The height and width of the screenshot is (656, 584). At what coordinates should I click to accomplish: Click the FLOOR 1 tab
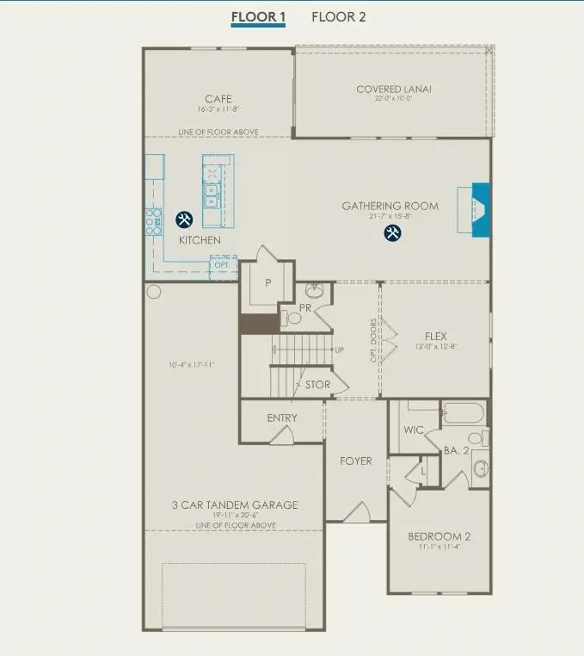(258, 16)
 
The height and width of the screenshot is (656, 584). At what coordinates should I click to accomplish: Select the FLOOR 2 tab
(338, 16)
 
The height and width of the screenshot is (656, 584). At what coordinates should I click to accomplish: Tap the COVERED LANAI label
(394, 90)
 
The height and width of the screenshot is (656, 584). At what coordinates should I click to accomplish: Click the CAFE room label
(218, 99)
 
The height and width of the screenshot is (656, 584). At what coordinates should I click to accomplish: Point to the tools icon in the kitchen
(184, 220)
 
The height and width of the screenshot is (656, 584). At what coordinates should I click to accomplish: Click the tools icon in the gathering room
(392, 232)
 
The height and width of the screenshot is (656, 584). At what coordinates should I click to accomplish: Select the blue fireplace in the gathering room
(480, 209)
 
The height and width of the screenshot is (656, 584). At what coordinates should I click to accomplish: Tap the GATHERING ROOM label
(390, 206)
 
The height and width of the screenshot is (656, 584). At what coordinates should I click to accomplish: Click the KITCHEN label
(200, 240)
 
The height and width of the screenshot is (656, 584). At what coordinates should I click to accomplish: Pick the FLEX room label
(436, 337)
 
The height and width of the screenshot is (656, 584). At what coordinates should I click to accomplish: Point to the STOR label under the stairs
(317, 385)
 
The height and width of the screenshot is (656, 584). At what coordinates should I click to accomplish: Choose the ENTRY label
(282, 418)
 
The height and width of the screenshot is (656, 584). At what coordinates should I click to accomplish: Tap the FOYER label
(355, 461)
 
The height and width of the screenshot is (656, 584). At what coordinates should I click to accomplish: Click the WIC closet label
(415, 430)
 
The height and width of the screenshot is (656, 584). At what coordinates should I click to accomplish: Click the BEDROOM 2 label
(439, 536)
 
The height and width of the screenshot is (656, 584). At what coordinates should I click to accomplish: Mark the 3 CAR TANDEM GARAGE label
(235, 504)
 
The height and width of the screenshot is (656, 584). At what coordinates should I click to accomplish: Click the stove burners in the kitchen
(154, 222)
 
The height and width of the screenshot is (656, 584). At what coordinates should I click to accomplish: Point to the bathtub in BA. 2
(464, 415)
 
